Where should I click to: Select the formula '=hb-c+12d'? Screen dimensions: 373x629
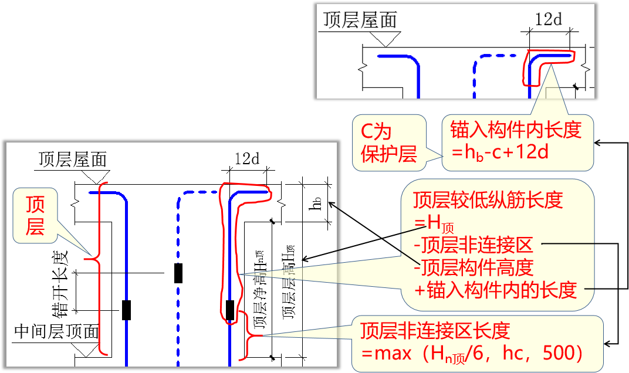[499, 152]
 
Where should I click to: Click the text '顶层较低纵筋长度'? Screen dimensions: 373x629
[488, 201]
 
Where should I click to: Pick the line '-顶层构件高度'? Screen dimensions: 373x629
[473, 267]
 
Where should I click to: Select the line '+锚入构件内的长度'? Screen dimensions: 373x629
[495, 289]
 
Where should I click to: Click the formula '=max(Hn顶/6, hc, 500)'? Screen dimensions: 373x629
[471, 352]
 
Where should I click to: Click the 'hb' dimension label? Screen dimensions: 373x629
[316, 204]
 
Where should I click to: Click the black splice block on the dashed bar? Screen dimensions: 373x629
[178, 273]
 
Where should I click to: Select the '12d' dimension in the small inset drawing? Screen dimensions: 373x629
[548, 19]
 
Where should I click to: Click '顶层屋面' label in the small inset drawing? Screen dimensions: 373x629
[360, 20]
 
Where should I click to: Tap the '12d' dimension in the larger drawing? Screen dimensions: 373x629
[246, 158]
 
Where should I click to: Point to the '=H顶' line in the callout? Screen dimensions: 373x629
[433, 223]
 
